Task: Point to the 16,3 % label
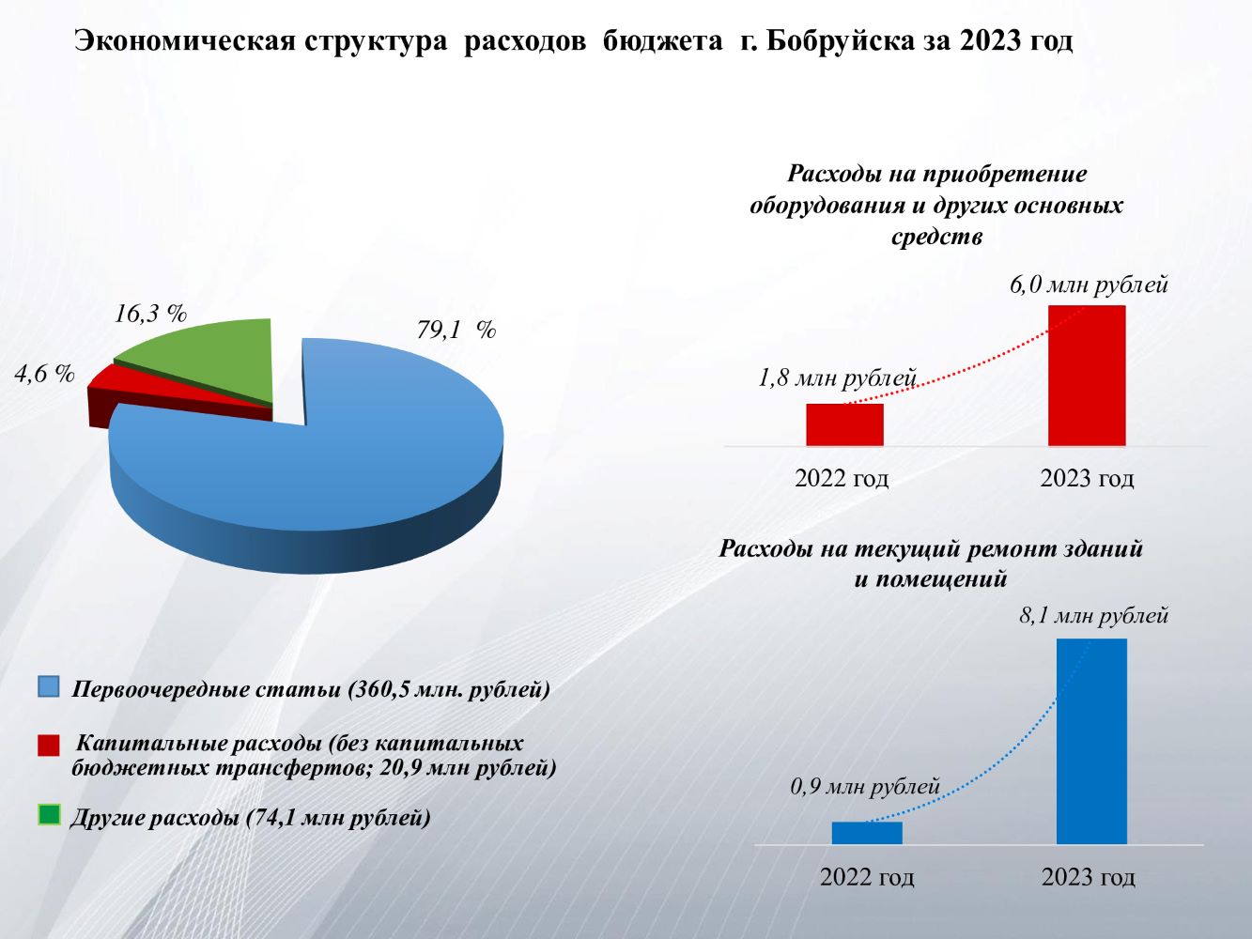coord(150,315)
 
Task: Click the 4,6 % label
coord(44,374)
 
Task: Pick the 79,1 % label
coord(456,331)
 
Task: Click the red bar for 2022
coord(844,424)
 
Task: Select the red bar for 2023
coord(1087,375)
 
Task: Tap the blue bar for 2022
coord(867,833)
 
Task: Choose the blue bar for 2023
coord(1091,741)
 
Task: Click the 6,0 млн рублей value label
coord(1089,285)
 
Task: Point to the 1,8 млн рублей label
coord(837,378)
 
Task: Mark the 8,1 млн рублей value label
coord(1093,616)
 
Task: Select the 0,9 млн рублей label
coord(865,786)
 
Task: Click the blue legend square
coord(49,686)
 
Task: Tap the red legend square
coord(49,746)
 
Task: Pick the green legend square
coord(49,815)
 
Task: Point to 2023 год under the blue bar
coord(1088,877)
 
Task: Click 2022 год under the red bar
coord(842,478)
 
